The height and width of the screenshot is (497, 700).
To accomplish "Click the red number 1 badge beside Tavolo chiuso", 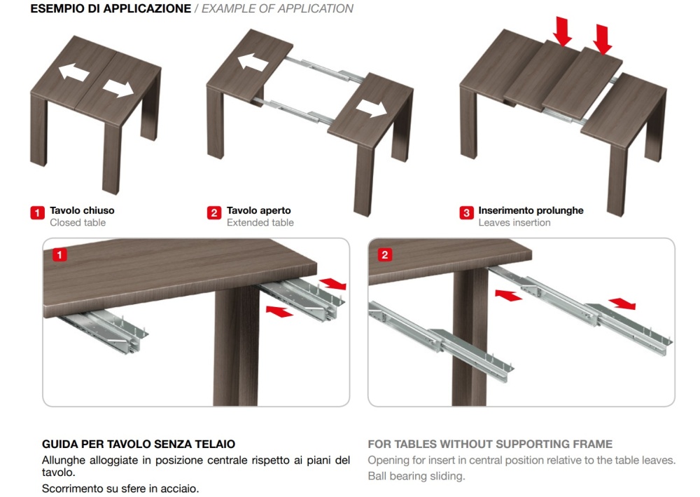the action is click(38, 212).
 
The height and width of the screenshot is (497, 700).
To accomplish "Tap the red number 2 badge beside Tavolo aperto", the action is click(214, 212).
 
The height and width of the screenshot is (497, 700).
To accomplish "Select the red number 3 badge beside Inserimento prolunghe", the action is click(466, 212).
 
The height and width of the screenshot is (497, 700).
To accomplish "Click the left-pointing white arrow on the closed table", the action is click(73, 72).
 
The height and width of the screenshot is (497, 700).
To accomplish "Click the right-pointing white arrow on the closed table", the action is click(118, 89).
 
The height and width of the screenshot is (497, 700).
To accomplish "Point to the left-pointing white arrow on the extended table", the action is click(253, 62).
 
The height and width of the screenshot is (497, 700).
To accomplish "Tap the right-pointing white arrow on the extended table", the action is click(372, 108).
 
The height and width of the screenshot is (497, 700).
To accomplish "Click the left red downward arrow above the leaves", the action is click(563, 32).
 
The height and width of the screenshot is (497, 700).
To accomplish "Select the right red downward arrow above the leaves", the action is click(603, 39).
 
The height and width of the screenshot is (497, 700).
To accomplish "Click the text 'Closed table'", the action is click(78, 223).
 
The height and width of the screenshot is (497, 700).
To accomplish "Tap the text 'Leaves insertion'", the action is click(514, 223).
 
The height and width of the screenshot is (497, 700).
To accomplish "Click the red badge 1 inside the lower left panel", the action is click(59, 254).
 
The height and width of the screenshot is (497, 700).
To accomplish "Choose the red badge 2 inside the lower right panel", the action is click(385, 254).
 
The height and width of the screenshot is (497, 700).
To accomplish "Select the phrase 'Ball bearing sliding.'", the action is click(416, 476).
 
